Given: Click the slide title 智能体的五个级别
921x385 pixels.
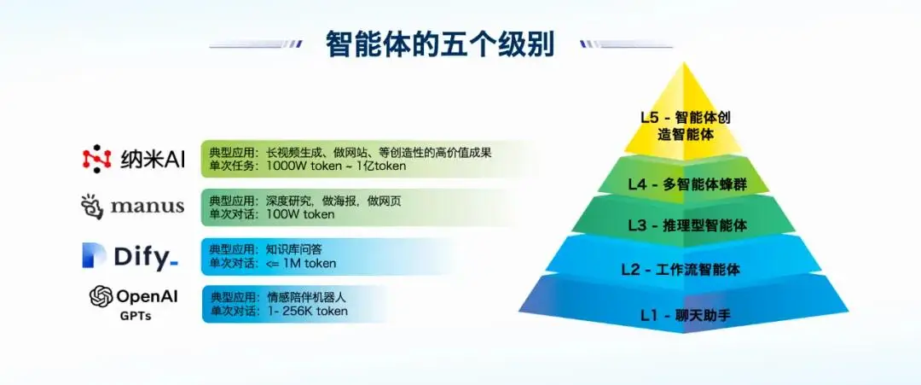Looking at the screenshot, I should coord(439,44).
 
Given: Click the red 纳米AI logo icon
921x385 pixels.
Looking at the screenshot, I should coord(96,158).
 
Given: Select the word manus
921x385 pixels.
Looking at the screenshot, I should coord(148,207).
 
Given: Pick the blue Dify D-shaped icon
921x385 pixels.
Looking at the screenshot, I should coord(94,254).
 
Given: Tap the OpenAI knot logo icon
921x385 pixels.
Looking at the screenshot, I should coord(101,296).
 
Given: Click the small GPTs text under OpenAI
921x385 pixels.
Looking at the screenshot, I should coord(136,314).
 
